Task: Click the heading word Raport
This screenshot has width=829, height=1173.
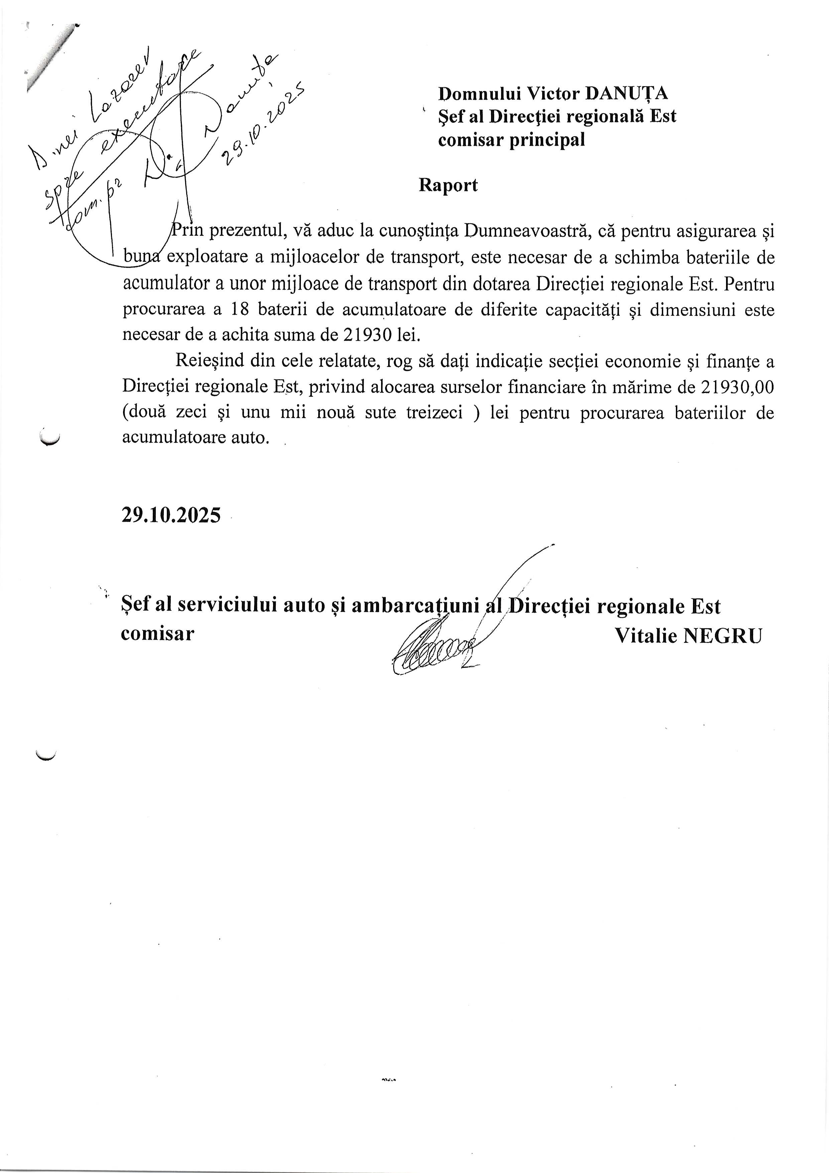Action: [x=448, y=185]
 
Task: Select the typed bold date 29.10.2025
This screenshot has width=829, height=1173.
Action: [x=171, y=515]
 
